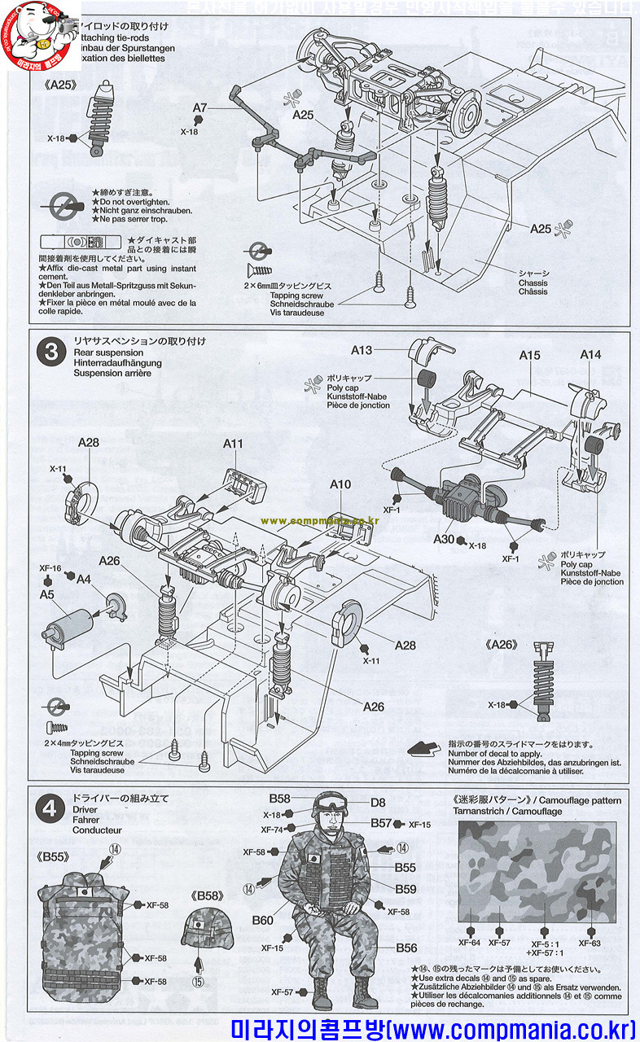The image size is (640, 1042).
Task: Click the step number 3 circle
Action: click(x=51, y=352)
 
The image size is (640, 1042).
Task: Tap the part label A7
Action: click(x=200, y=107)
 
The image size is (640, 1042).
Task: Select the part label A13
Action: click(x=362, y=351)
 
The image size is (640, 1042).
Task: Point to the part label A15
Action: click(x=530, y=355)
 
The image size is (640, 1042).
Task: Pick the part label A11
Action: click(x=234, y=444)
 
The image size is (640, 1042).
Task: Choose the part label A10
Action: click(x=340, y=484)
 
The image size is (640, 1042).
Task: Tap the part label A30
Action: click(x=444, y=540)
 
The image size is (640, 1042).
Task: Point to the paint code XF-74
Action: click(x=272, y=830)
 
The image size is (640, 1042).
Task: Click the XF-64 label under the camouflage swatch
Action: click(x=470, y=943)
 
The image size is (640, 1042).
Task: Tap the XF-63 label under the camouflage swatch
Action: click(x=590, y=943)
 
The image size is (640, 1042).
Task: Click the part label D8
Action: click(x=378, y=803)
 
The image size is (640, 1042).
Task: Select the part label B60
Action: click(x=262, y=920)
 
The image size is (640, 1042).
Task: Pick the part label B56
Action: click(x=406, y=948)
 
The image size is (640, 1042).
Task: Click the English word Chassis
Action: click(x=533, y=282)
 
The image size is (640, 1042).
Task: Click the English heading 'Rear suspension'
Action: click(x=108, y=352)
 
